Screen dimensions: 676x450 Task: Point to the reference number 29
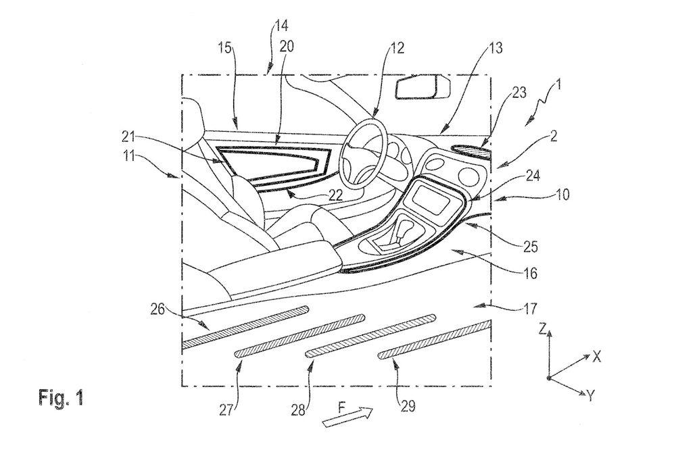(407, 405)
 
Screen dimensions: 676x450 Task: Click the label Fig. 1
(61, 397)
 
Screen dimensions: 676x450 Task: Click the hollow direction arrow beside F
(348, 418)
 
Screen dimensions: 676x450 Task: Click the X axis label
(597, 357)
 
